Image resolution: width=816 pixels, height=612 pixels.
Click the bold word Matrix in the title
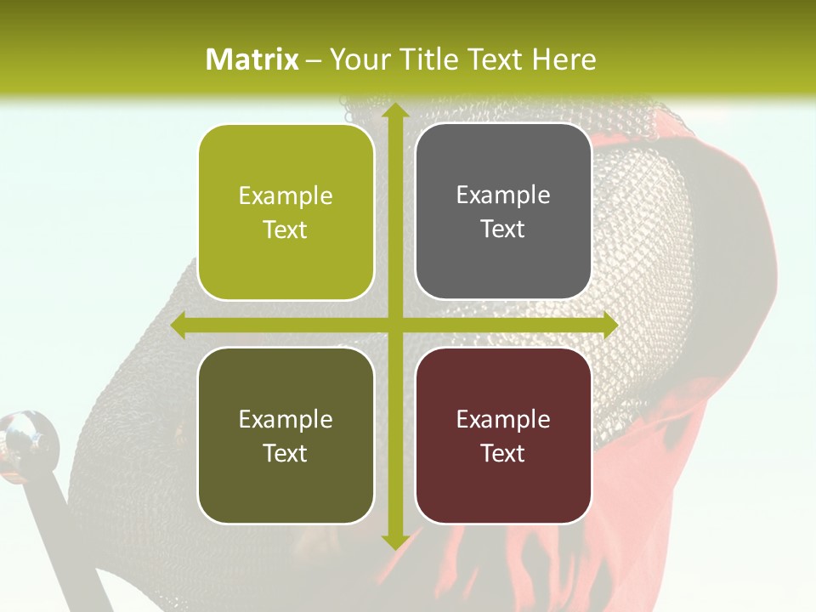(x=252, y=59)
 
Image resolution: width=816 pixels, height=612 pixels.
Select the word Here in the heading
(x=564, y=59)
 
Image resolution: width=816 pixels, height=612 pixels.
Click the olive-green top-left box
(x=286, y=212)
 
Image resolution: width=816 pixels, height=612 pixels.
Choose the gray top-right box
(x=503, y=212)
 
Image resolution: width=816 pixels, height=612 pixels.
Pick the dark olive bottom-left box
(x=286, y=435)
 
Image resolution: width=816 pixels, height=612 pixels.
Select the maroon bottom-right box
(x=503, y=435)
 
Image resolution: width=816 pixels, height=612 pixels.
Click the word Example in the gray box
(x=503, y=195)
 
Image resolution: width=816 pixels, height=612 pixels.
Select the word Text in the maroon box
(x=503, y=453)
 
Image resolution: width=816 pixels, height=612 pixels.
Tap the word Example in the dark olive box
(x=286, y=419)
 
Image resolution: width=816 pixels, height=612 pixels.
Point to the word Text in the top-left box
(x=286, y=229)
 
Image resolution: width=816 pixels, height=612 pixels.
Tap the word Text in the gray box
(x=503, y=229)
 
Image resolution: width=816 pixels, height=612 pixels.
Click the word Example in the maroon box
(x=503, y=419)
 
